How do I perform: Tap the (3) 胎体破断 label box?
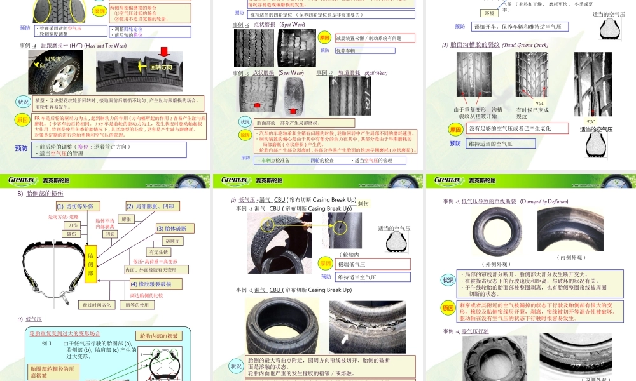point(171,229)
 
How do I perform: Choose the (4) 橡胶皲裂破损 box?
point(155,284)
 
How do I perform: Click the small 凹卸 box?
point(111,234)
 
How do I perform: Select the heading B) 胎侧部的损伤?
point(41,194)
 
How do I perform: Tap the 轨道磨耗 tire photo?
point(350,95)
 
